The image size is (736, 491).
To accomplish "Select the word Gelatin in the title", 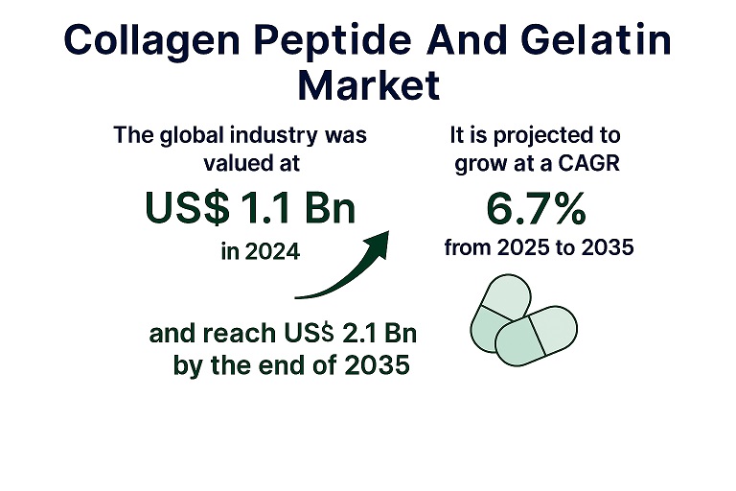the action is pyautogui.click(x=596, y=39).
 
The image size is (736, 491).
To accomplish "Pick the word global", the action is pyautogui.click(x=192, y=136).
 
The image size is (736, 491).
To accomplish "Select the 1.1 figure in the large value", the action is pyautogui.click(x=264, y=207).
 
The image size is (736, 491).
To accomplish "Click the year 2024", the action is pyautogui.click(x=272, y=252).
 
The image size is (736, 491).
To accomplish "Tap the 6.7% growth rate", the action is pyautogui.click(x=537, y=208).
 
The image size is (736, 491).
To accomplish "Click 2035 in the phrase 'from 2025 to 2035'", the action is pyautogui.click(x=608, y=247).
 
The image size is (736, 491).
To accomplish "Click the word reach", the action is pyautogui.click(x=240, y=333).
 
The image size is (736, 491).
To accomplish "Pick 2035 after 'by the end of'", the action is pyautogui.click(x=377, y=365).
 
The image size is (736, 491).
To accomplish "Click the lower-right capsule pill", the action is pyautogui.click(x=537, y=336).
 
